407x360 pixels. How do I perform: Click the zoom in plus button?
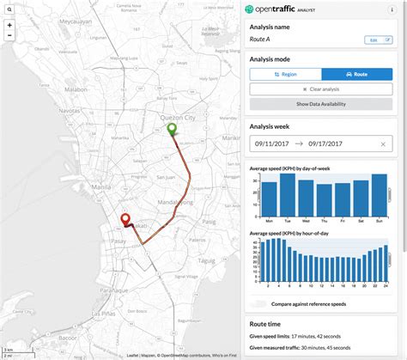(x=9, y=25)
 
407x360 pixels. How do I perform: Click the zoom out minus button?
(x=9, y=39)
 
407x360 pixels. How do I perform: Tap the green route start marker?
(x=171, y=130)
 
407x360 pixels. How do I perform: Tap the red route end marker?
(x=125, y=221)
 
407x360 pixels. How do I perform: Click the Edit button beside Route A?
(x=374, y=40)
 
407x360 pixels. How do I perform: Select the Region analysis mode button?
(x=285, y=75)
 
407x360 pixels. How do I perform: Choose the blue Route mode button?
(x=356, y=75)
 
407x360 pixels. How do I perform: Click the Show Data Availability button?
(x=321, y=104)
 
